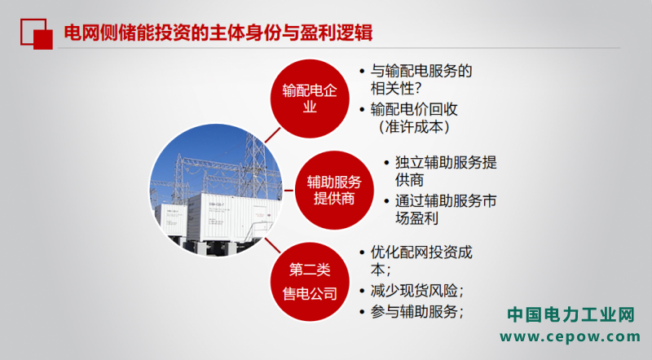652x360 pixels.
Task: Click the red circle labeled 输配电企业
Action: (x=310, y=99)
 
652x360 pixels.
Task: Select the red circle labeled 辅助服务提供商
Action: (x=334, y=190)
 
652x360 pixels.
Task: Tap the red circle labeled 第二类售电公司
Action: (x=310, y=282)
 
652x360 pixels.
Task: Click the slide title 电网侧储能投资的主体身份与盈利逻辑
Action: (x=218, y=33)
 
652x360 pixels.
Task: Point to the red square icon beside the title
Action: (x=37, y=34)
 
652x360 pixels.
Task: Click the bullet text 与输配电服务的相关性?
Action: (x=421, y=79)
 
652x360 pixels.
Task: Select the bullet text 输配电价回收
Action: (x=414, y=109)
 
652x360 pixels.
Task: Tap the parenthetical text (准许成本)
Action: (x=414, y=127)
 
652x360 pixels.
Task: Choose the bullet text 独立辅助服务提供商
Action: (x=446, y=171)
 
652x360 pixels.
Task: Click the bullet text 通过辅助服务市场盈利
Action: (x=446, y=209)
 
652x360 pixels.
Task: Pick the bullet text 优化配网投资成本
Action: (x=421, y=261)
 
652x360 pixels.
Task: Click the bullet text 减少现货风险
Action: (x=417, y=291)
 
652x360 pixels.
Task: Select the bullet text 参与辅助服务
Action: (x=417, y=311)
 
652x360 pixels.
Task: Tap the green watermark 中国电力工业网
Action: (x=570, y=314)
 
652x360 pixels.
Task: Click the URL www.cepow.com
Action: (x=570, y=336)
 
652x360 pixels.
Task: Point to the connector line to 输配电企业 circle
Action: (x=273, y=135)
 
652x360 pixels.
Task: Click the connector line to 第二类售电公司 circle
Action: (x=273, y=245)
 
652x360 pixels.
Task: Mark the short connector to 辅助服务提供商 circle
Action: (x=289, y=191)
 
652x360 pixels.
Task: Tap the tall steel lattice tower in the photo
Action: (x=254, y=166)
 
